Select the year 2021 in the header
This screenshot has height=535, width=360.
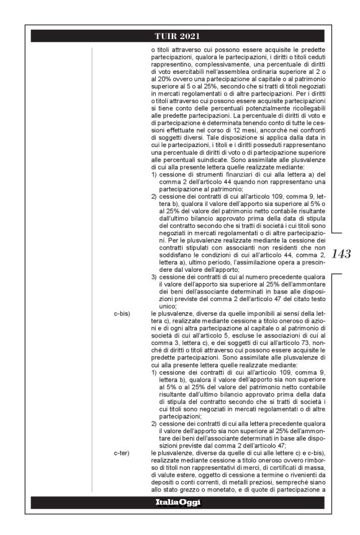(192, 35)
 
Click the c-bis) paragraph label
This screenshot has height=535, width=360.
(122, 315)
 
